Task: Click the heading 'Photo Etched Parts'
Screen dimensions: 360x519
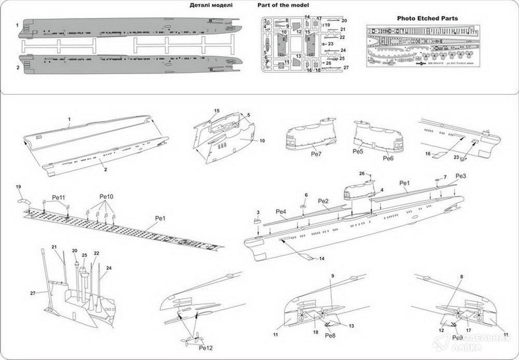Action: point(427,18)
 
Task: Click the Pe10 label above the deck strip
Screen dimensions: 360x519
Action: point(106,197)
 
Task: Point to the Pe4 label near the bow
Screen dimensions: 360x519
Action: point(281,211)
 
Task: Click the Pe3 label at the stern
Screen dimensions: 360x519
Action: point(461,177)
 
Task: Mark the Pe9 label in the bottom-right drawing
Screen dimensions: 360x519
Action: point(457,337)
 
